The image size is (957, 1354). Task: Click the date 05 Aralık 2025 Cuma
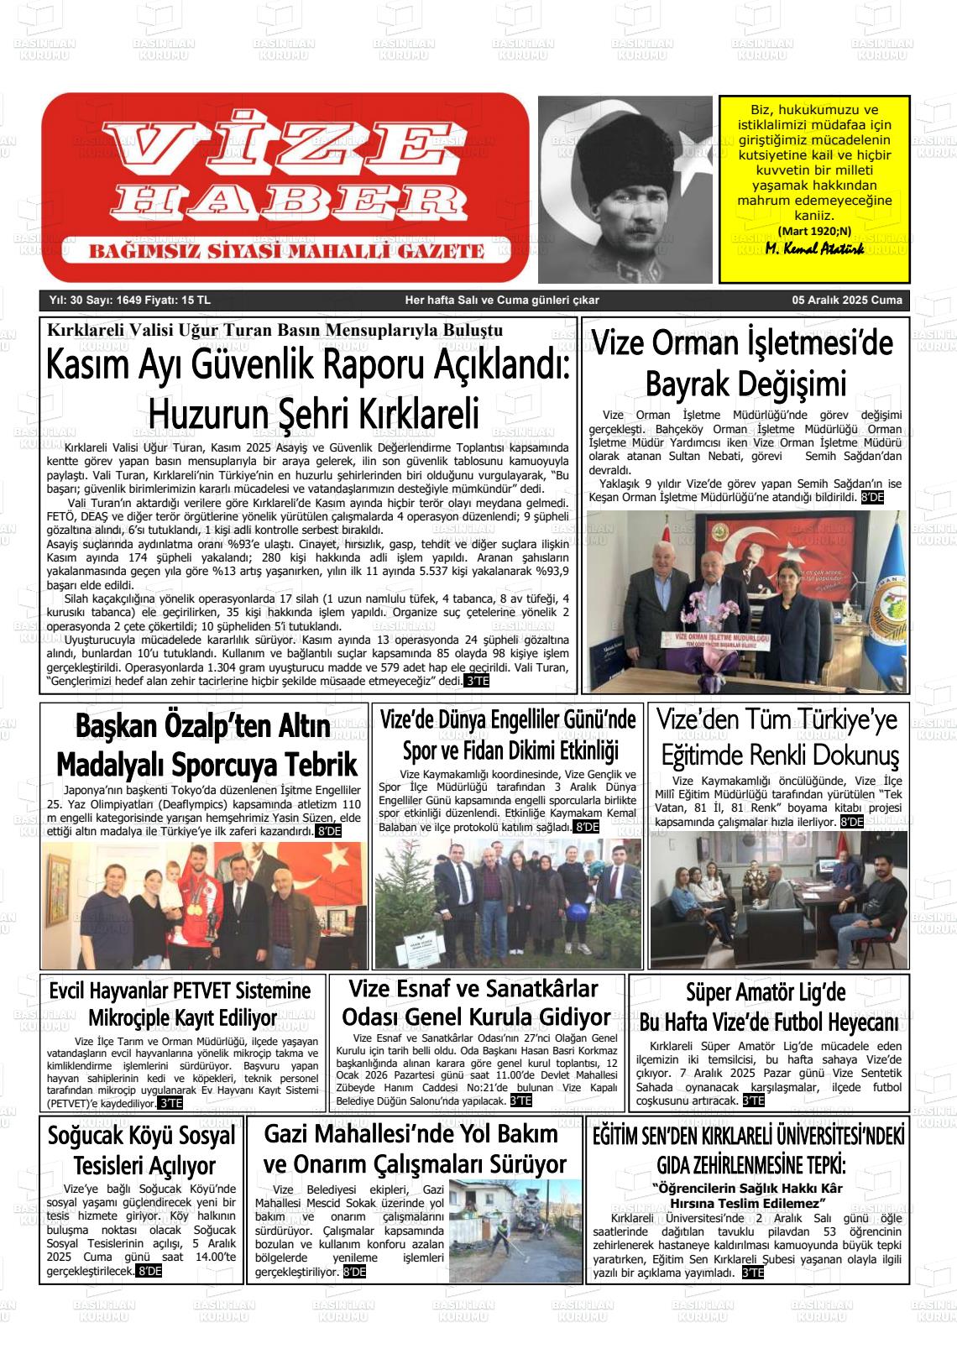(x=847, y=300)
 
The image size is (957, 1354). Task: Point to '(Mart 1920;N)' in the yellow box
(x=814, y=231)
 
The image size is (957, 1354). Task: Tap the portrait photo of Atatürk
(x=625, y=189)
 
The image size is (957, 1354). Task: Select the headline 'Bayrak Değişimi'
(x=745, y=384)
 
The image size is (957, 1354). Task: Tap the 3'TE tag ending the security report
(x=477, y=681)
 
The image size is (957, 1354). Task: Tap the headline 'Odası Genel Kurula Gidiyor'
(x=477, y=1017)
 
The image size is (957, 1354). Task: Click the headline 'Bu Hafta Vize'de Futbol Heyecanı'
(x=768, y=1022)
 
